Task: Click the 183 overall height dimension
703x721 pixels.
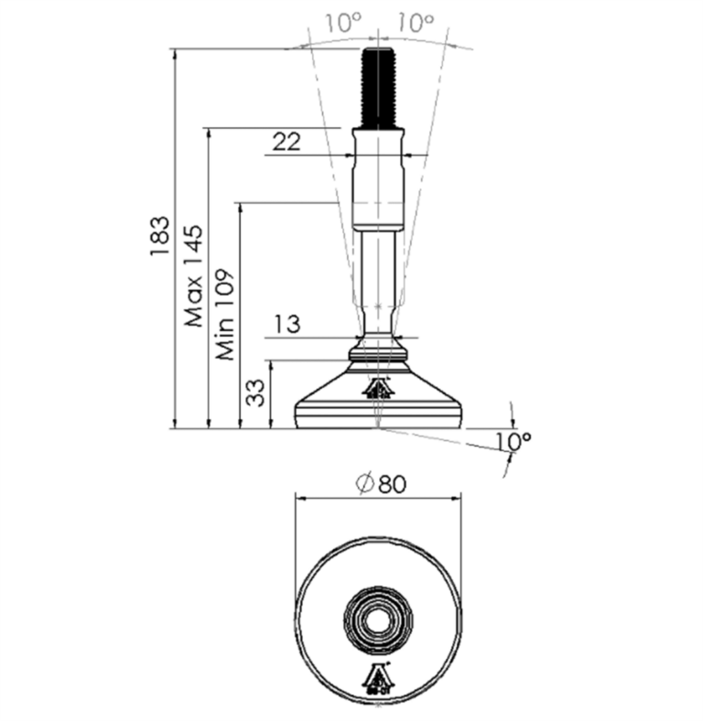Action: pos(160,236)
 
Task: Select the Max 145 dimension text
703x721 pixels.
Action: pos(193,276)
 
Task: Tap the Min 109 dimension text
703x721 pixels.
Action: pos(225,315)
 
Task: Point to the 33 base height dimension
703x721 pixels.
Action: pos(255,393)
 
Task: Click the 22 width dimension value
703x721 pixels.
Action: pos(287,141)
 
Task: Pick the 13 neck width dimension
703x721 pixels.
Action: pos(287,324)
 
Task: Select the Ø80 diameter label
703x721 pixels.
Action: pos(382,484)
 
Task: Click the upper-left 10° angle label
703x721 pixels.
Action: pos(343,23)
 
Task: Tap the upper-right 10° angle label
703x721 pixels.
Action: pos(416,23)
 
